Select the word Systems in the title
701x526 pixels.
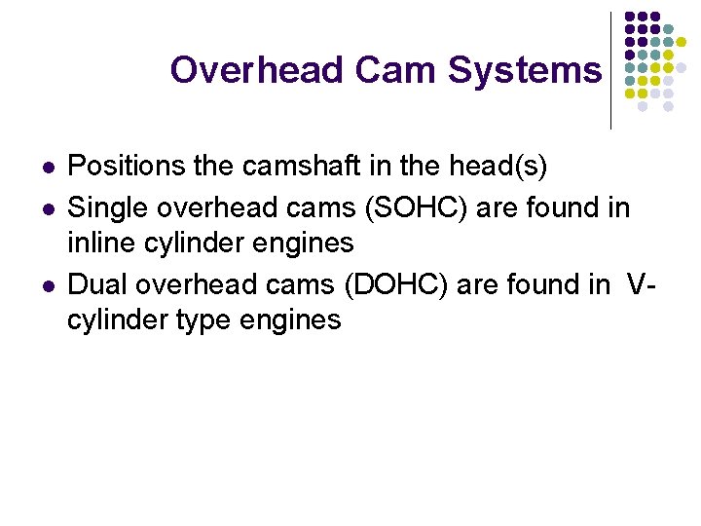pos(525,70)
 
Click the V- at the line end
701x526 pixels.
pos(639,284)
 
